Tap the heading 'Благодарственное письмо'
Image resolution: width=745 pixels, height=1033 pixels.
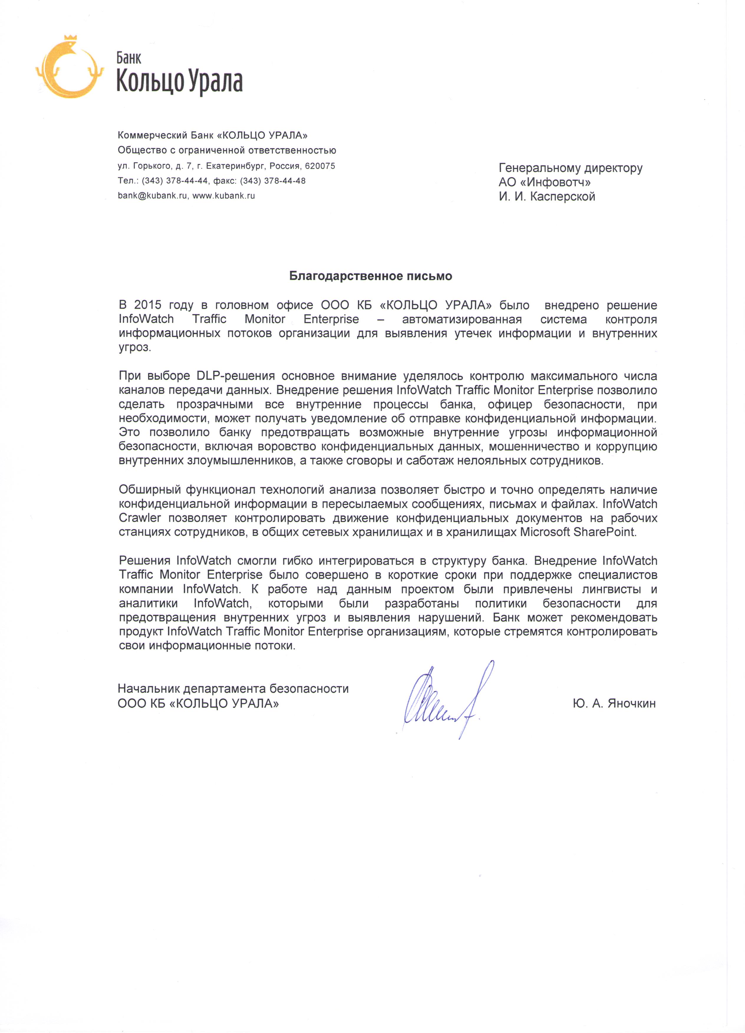(x=370, y=276)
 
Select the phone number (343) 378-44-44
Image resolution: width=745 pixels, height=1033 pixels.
(x=174, y=181)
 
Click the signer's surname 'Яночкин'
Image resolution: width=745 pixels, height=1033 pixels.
(x=632, y=703)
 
